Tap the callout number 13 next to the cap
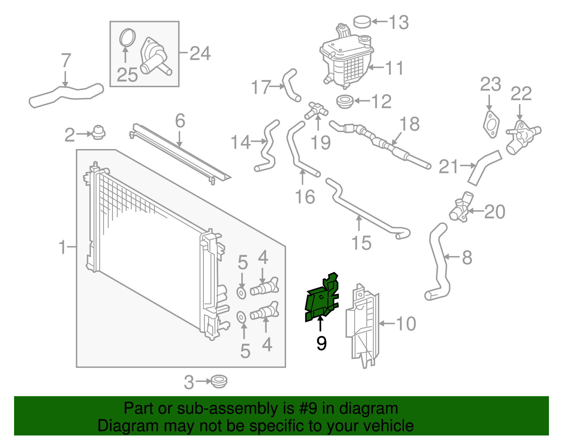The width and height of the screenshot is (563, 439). tap(399, 22)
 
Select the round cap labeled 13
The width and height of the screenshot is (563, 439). tap(362, 21)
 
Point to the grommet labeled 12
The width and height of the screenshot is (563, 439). tap(345, 102)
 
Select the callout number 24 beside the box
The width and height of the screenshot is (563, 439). tap(200, 54)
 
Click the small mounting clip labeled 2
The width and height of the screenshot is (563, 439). tap(99, 133)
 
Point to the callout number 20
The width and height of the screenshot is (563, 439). tap(494, 212)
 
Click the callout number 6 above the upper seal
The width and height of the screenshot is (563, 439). tap(180, 121)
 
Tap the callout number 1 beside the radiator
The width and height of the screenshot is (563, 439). tap(63, 247)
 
